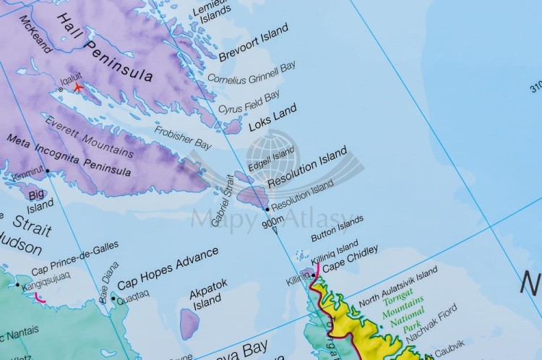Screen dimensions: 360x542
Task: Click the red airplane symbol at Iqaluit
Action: [77, 87]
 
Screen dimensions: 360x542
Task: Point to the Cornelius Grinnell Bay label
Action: [251, 72]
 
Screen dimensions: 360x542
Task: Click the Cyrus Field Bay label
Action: [249, 102]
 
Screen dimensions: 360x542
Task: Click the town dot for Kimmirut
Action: [47, 171]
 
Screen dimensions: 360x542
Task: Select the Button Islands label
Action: [337, 228]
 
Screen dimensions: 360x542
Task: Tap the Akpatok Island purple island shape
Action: [189, 324]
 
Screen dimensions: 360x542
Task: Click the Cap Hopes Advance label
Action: [168, 268]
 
